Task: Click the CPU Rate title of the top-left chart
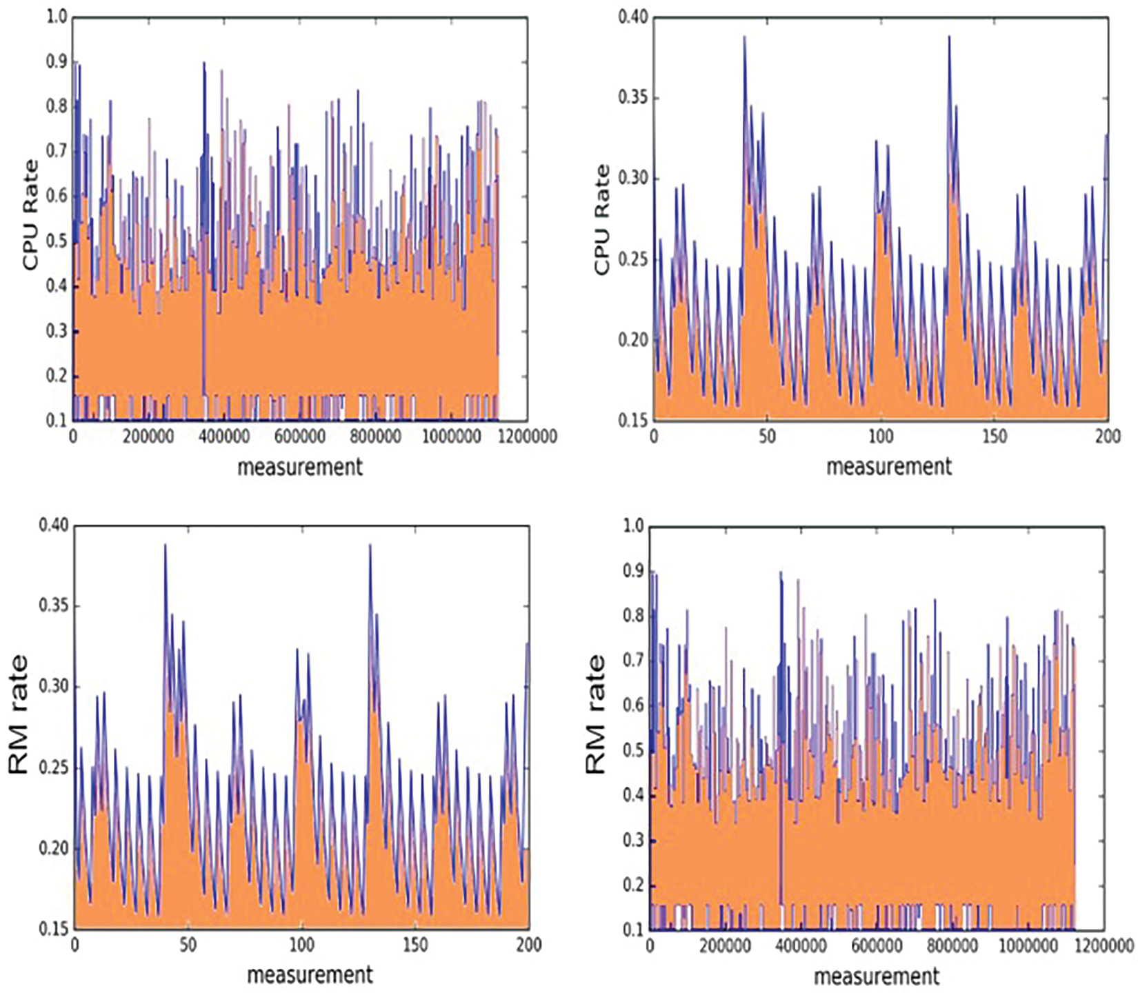pos(31,215)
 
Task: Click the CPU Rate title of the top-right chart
pos(602,219)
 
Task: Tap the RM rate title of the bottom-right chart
pos(595,714)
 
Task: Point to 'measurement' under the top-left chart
pos(300,467)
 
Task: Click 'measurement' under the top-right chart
pos(888,467)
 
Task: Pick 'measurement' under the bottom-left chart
pos(310,974)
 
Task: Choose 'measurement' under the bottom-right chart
pos(877,976)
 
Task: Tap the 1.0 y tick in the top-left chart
pos(57,17)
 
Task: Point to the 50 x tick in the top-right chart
pos(767,437)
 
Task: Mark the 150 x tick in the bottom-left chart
pos(415,944)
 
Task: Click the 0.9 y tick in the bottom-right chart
pos(633,571)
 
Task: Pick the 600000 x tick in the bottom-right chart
pos(876,944)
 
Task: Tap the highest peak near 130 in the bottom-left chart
pos(370,545)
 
